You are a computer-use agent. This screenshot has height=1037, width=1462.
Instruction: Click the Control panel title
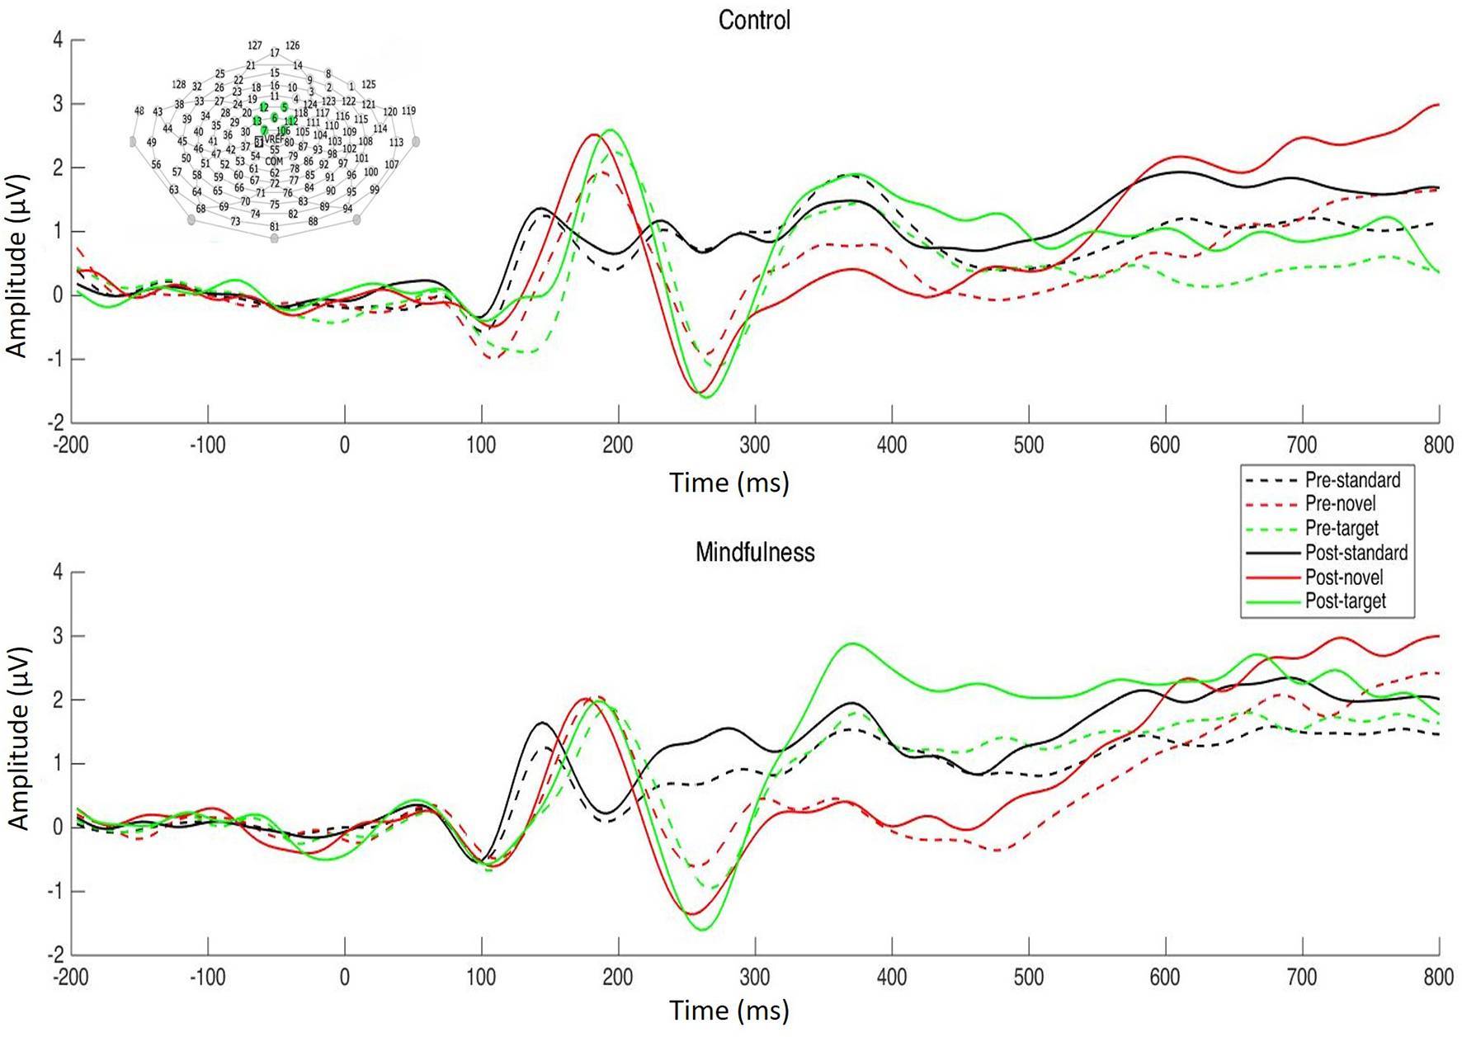click(x=754, y=20)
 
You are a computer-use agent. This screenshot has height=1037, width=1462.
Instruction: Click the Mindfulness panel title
click(x=754, y=552)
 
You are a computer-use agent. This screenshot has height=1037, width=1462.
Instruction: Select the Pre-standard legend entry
click(x=1352, y=480)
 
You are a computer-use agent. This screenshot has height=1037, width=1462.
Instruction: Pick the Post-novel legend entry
click(x=1344, y=577)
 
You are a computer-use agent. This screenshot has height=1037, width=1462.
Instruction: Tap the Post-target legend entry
click(x=1345, y=601)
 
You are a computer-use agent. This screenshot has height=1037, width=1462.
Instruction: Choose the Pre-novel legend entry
click(x=1340, y=504)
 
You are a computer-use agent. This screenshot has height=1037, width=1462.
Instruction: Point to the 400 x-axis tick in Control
click(x=891, y=445)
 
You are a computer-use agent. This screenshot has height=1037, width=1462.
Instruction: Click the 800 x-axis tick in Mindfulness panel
click(x=1438, y=978)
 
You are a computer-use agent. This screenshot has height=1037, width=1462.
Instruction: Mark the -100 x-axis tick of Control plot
click(x=207, y=445)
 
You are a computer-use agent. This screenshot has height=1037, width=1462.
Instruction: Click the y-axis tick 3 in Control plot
click(x=58, y=104)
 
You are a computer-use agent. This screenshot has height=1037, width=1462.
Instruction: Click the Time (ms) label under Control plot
click(x=729, y=483)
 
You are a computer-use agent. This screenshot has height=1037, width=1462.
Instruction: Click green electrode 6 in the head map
click(x=275, y=118)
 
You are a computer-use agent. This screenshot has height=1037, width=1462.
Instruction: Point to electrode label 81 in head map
click(x=274, y=227)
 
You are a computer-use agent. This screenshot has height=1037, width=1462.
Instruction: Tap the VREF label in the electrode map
click(x=273, y=140)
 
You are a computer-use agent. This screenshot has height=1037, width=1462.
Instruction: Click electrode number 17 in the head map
click(x=275, y=53)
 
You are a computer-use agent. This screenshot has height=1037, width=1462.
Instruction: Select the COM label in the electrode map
click(x=274, y=162)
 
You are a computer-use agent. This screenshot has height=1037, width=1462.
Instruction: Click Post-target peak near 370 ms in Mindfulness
click(x=852, y=644)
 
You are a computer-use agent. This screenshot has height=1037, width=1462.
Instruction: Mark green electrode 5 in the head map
click(x=285, y=107)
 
